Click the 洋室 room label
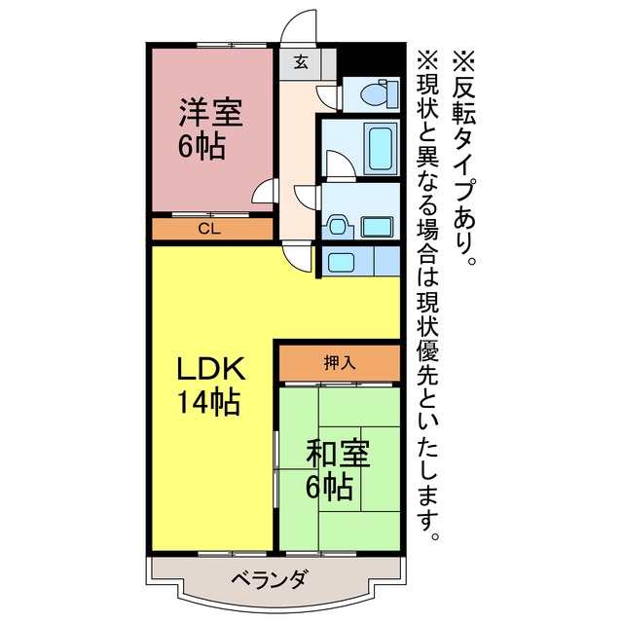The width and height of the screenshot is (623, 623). coord(210,113)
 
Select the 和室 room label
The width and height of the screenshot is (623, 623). coord(338,454)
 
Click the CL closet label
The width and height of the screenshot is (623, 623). coord(209,230)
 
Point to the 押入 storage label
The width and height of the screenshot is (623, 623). coord(340,363)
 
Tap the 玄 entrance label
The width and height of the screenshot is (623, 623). coord(301,62)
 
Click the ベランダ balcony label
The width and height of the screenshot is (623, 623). coord(269,580)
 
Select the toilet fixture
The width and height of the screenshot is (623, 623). coord(379,93)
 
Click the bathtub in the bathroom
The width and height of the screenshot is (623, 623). coord(380,149)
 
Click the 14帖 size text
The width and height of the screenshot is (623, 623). coord(208,402)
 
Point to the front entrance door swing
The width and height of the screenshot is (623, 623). coord(299,25)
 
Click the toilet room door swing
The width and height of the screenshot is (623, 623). coord(327,96)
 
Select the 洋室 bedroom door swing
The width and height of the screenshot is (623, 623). coord(264,191)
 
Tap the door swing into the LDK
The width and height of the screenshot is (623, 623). coord(298,258)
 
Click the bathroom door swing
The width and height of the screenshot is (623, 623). coord(341,164)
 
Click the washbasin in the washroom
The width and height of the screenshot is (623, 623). coord(338,227)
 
